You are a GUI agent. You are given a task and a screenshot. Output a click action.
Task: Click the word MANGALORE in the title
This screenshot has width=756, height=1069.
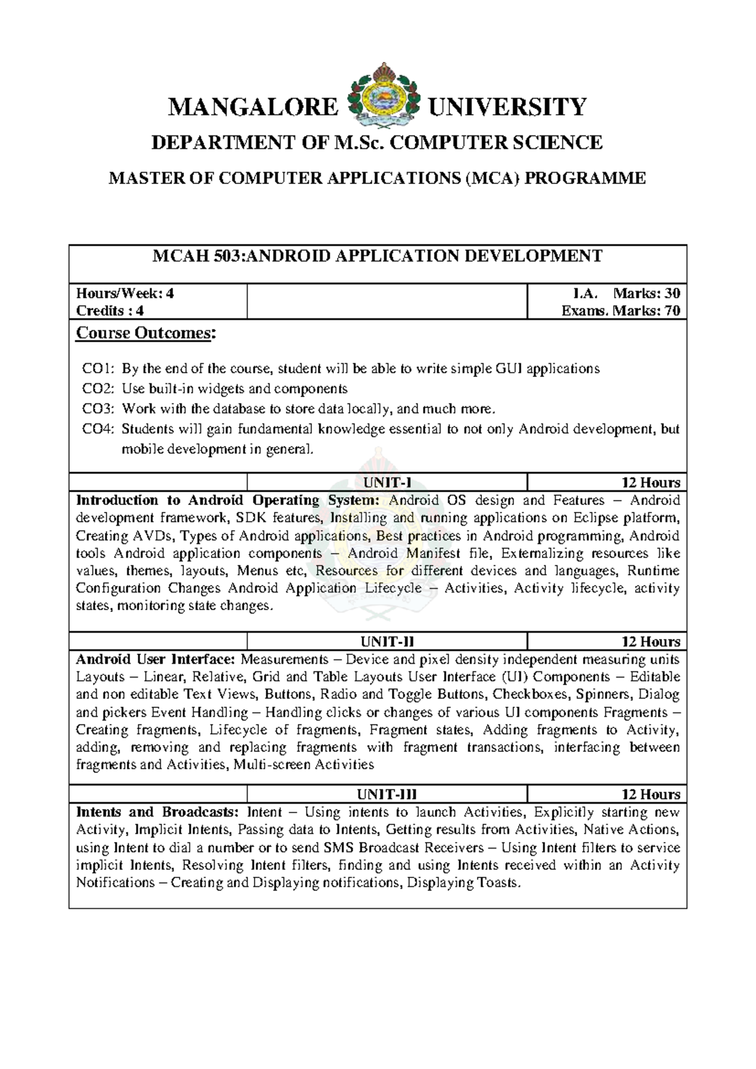click(x=253, y=107)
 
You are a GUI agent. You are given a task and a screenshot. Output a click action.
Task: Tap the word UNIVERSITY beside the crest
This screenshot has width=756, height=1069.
click(x=507, y=107)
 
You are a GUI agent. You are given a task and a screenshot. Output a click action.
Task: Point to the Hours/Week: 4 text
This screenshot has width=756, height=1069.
click(x=125, y=293)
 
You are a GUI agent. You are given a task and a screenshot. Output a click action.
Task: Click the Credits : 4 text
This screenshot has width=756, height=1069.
click(x=110, y=311)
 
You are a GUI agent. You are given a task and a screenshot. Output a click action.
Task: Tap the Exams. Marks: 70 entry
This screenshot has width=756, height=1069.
click(x=620, y=311)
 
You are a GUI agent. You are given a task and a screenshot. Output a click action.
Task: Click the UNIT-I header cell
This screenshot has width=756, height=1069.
click(x=387, y=483)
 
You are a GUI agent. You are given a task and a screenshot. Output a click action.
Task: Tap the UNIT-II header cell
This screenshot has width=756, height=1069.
click(x=387, y=642)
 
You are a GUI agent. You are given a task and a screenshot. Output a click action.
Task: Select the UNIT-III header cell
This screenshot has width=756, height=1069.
click(x=387, y=794)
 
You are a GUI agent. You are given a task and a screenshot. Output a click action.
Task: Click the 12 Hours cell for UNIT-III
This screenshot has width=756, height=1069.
click(x=650, y=794)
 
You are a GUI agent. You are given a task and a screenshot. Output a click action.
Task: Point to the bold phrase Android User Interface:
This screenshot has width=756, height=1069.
click(x=156, y=659)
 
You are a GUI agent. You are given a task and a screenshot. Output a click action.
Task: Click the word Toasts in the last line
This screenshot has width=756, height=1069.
click(x=498, y=882)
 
